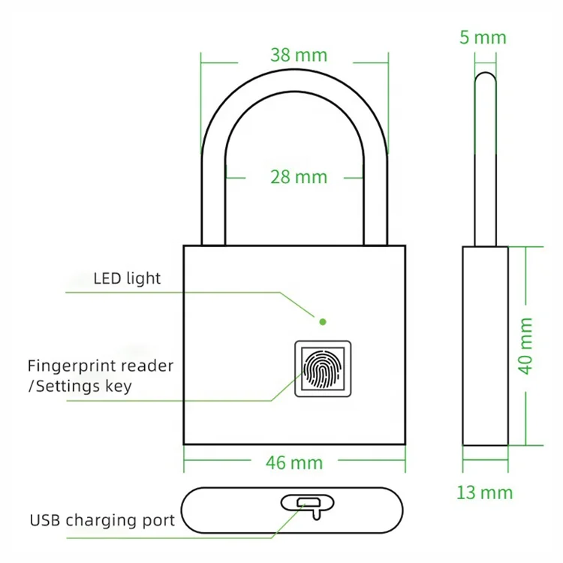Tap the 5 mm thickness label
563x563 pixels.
coord(483,38)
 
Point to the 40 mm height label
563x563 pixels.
coord(525,345)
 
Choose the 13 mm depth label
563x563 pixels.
coord(485,492)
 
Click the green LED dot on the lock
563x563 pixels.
coord(323,321)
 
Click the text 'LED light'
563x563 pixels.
coord(127,278)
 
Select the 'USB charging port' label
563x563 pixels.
coord(103,519)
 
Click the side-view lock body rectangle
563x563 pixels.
coord(485,345)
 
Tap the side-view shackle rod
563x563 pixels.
coord(486,158)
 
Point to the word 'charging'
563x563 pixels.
coord(104,520)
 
